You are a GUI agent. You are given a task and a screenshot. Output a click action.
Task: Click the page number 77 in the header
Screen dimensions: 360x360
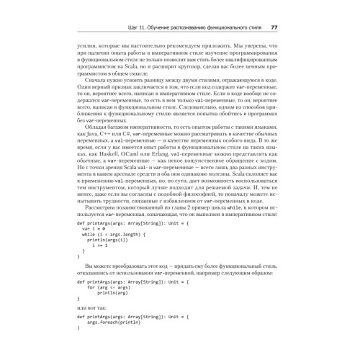274,27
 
